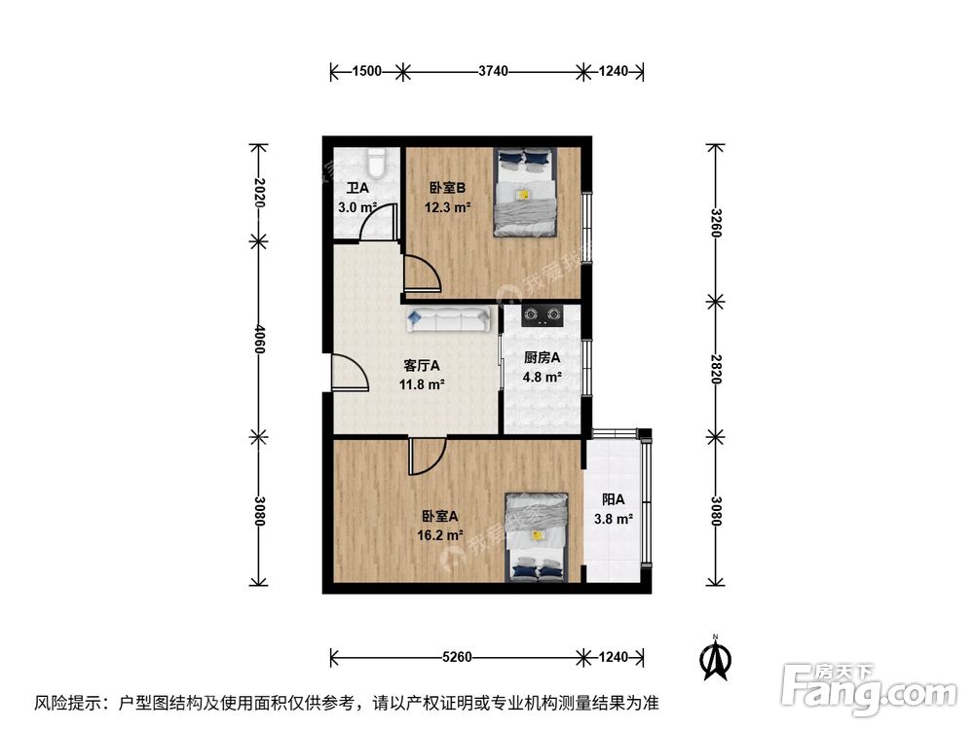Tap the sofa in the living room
pyautogui.click(x=450, y=319)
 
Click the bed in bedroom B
pyautogui.click(x=525, y=192)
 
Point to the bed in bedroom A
pyautogui.click(x=536, y=537)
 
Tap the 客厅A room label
pyautogui.click(x=422, y=366)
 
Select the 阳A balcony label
pyautogui.click(x=614, y=499)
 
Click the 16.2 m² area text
pyautogui.click(x=427, y=534)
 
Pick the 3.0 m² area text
pyautogui.click(x=356, y=207)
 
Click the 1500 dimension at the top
pyautogui.click(x=367, y=71)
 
